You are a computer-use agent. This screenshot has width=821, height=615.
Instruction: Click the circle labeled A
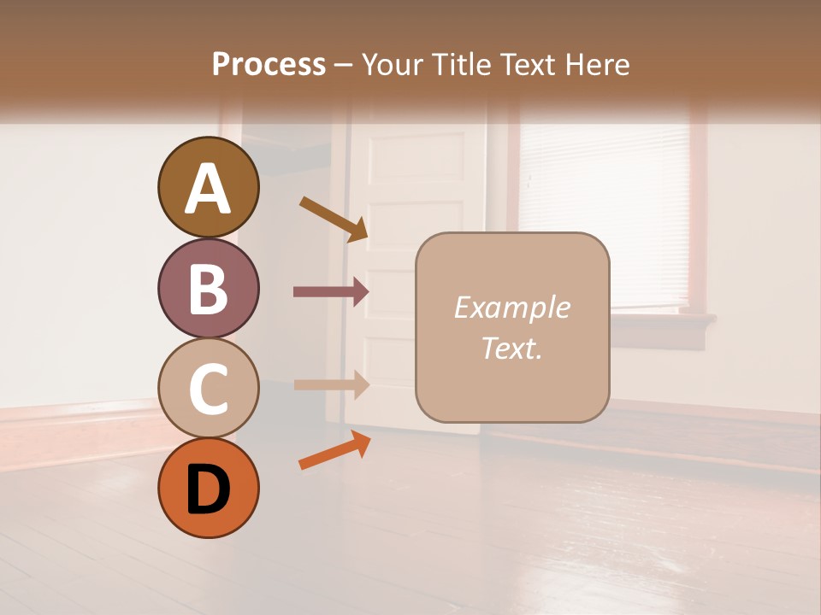[x=208, y=187]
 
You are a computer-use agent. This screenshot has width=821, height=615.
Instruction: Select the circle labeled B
[x=208, y=289]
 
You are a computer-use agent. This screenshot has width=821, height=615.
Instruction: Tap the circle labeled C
[x=208, y=389]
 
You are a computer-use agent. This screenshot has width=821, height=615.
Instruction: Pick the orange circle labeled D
[x=208, y=488]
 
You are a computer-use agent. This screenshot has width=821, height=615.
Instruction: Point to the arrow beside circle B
[x=331, y=291]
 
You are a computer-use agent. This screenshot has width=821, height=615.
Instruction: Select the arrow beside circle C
[x=331, y=384]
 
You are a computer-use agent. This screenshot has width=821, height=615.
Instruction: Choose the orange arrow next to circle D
[x=334, y=450]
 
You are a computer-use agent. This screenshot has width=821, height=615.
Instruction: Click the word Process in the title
[x=269, y=64]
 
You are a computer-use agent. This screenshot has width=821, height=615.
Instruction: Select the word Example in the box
[x=511, y=307]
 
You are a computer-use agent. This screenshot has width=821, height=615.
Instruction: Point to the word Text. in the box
[x=511, y=348]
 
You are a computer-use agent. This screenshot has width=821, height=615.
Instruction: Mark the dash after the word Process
[x=344, y=65]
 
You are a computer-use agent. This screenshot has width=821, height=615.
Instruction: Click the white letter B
[x=208, y=289]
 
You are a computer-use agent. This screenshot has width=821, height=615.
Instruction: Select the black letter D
[x=208, y=489]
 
